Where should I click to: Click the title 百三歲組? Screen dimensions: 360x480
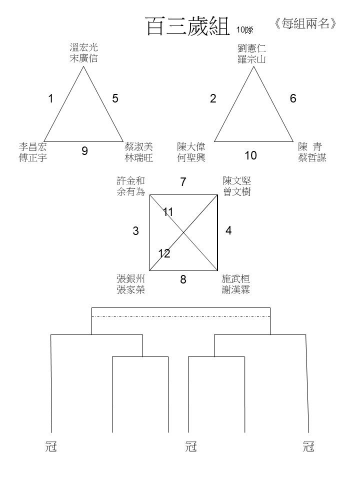(x=187, y=25)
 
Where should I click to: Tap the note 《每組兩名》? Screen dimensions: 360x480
(x=305, y=23)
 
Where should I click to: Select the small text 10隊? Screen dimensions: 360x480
(x=244, y=30)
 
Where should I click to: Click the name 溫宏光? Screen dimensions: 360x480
(x=83, y=47)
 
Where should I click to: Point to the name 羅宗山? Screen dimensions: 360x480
(x=251, y=59)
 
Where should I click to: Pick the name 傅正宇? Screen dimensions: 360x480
(x=33, y=157)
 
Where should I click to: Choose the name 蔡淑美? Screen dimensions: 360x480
(x=138, y=146)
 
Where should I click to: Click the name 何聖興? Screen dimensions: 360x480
(x=191, y=157)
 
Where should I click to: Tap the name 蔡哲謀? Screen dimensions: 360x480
(x=312, y=157)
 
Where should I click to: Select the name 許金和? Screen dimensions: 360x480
(x=130, y=180)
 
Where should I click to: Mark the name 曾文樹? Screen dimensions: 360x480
(x=237, y=191)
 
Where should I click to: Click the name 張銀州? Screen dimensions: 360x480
(x=130, y=278)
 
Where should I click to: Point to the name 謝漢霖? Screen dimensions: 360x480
(x=235, y=289)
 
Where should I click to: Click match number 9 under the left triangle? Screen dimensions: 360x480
(x=85, y=151)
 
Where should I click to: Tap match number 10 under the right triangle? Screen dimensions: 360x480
(x=250, y=155)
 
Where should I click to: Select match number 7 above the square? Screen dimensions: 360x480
(x=183, y=182)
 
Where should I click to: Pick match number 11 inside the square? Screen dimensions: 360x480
(x=168, y=212)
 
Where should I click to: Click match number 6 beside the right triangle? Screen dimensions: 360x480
(x=293, y=98)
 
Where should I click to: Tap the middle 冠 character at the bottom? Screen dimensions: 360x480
(x=190, y=446)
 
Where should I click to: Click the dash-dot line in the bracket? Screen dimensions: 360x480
(x=181, y=317)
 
